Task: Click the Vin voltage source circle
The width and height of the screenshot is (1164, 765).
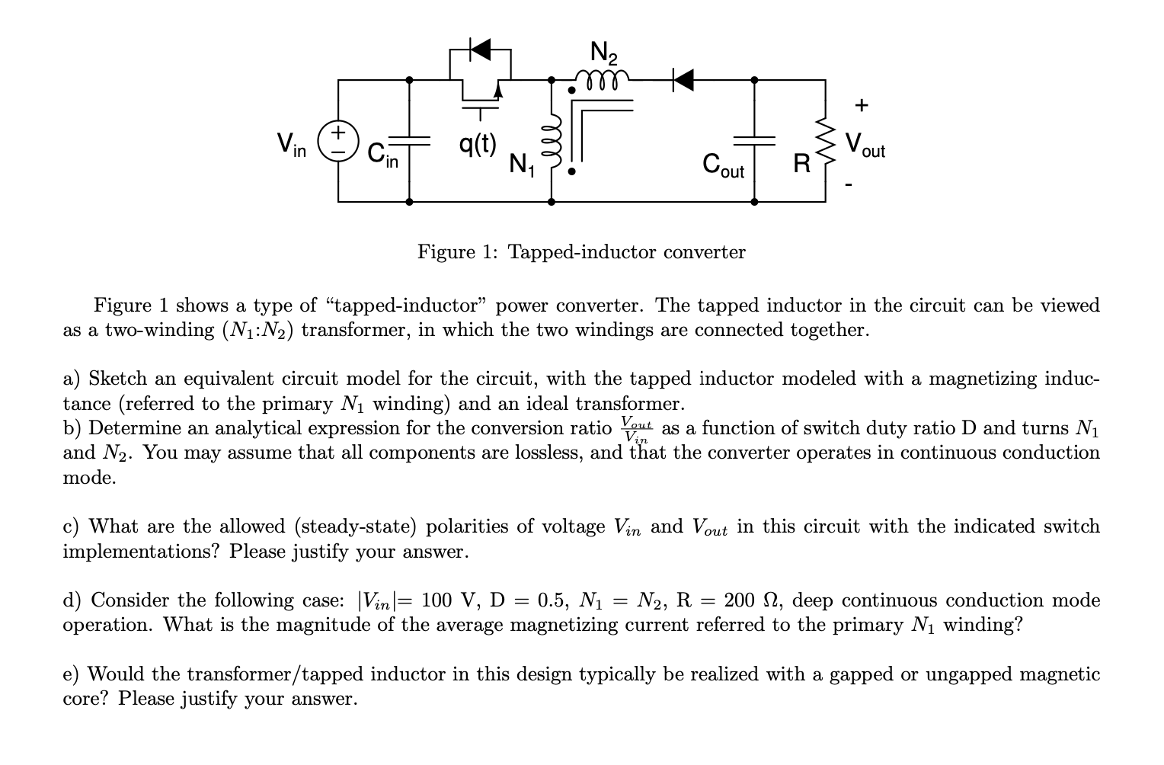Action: pyautogui.click(x=338, y=142)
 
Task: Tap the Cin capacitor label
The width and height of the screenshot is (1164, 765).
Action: pyautogui.click(x=382, y=155)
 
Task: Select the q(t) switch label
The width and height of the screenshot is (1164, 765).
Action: pyautogui.click(x=478, y=142)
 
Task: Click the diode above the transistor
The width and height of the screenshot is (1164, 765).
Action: pyautogui.click(x=480, y=51)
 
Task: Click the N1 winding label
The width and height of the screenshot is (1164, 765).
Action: pyautogui.click(x=522, y=164)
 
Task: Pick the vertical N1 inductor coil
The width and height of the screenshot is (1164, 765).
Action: pyautogui.click(x=554, y=142)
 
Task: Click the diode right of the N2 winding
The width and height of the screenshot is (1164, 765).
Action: pyautogui.click(x=683, y=78)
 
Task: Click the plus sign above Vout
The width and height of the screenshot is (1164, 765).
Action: pyautogui.click(x=861, y=104)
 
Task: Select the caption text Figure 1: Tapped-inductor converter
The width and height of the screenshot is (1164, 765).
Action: pyautogui.click(x=581, y=251)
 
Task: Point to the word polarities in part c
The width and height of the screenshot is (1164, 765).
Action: pyautogui.click(x=473, y=527)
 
